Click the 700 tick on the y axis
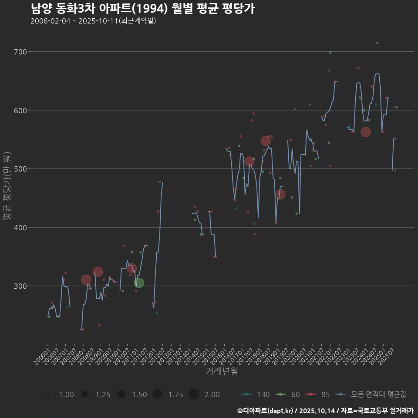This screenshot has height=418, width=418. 20,52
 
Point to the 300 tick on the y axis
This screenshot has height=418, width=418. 20,286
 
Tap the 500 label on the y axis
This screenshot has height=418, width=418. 20,169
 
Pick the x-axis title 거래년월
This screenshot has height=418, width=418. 222,371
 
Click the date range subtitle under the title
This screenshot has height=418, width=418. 93,21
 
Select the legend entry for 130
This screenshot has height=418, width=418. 256,394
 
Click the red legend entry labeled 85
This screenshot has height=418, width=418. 318,394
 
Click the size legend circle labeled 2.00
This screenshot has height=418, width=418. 194,394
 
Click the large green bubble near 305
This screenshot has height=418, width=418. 139,283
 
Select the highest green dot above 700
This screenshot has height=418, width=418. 378,43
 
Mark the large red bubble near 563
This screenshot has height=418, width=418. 366,132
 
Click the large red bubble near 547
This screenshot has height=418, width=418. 266,141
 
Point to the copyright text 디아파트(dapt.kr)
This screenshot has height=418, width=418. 268,411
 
